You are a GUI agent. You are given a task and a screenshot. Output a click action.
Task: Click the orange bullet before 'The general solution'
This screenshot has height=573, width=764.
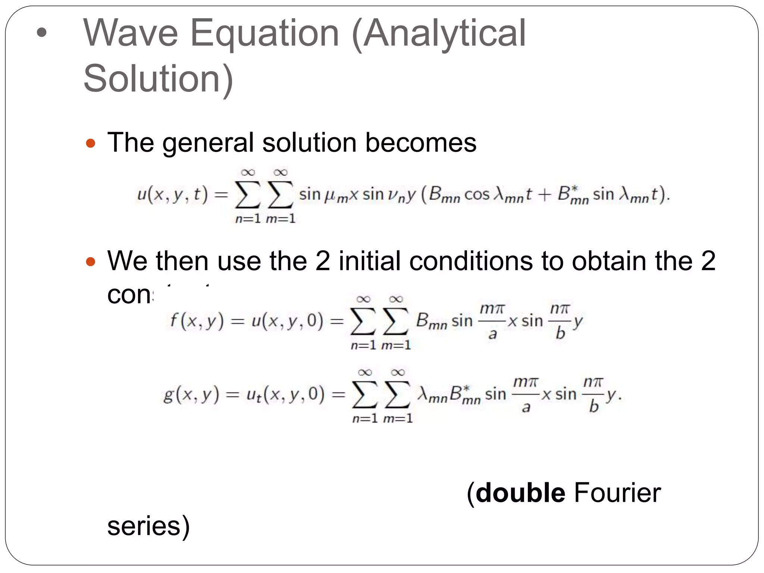91,143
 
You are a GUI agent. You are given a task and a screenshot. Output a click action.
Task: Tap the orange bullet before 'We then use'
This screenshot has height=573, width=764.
91,262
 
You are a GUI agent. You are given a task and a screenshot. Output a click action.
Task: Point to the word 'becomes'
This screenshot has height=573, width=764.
420,143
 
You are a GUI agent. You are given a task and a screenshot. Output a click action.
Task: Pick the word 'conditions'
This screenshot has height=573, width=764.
471,261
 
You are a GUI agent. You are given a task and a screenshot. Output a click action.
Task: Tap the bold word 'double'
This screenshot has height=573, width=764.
521,493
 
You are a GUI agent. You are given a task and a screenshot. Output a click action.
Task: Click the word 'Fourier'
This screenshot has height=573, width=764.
617,493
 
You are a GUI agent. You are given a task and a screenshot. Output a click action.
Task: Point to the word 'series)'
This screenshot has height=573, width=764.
148,526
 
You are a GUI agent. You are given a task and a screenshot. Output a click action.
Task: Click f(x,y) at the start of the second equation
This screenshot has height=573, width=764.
197,321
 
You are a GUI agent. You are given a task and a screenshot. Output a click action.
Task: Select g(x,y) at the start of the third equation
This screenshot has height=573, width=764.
191,394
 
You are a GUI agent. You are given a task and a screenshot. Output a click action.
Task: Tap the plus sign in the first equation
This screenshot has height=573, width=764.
544,195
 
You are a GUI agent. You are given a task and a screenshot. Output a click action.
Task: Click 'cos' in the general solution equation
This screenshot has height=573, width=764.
476,195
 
